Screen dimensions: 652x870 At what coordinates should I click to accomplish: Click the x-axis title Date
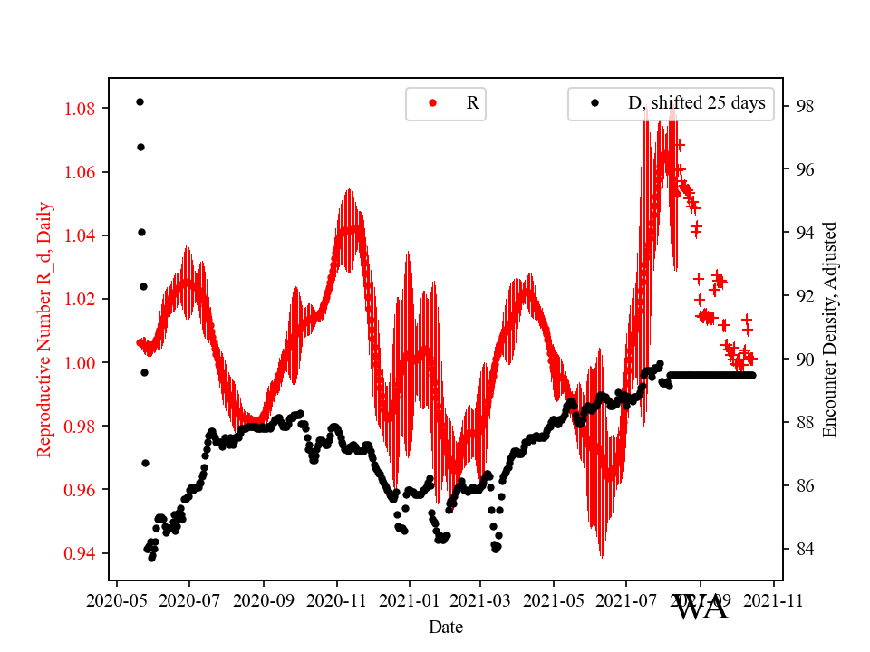[x=445, y=626]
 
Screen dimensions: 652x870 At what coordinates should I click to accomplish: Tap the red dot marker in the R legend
[x=431, y=103]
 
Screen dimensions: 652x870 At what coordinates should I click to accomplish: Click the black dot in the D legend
[x=594, y=103]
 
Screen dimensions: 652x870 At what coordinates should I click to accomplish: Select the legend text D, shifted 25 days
[x=696, y=103]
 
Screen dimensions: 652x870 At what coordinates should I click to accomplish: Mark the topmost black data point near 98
[x=140, y=101]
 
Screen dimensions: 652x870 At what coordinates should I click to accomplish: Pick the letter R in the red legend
[x=472, y=103]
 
